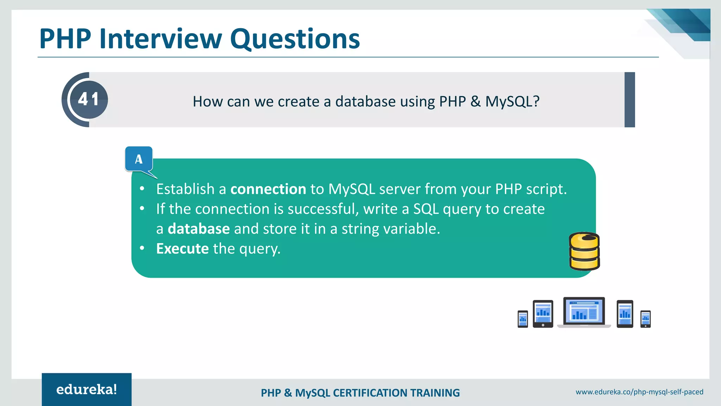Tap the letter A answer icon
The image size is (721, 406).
tap(139, 159)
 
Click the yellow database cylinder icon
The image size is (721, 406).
tap(584, 251)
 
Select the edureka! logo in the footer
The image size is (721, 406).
tap(87, 389)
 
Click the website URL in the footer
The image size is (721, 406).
tap(639, 392)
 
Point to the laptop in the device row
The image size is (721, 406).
tap(584, 312)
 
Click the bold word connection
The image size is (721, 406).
tap(268, 189)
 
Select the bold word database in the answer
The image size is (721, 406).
tap(199, 229)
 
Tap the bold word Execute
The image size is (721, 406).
tap(183, 249)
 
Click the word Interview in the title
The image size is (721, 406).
tap(161, 39)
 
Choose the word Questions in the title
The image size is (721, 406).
tap(295, 39)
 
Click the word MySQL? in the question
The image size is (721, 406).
tap(512, 101)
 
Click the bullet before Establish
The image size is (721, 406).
tap(142, 189)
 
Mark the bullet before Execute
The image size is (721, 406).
tap(142, 248)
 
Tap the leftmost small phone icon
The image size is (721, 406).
tap(523, 319)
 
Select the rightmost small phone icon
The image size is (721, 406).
tap(645, 319)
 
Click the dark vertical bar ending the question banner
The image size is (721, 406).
tap(629, 100)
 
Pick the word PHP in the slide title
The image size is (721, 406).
tap(65, 39)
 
